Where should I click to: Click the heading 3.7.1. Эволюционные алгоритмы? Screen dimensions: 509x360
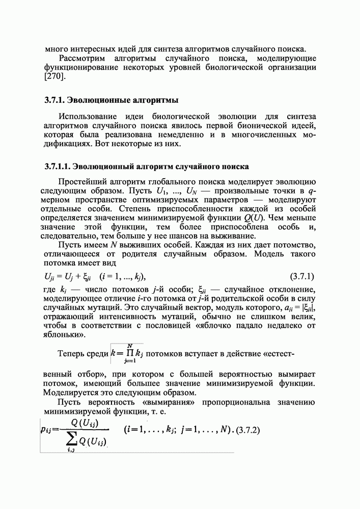(x=112, y=99)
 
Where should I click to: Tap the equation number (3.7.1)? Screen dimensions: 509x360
(x=301, y=277)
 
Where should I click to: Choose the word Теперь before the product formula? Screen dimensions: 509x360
(x=74, y=353)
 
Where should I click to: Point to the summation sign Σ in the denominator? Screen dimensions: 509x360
(x=74, y=439)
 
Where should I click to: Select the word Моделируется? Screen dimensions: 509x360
(x=71, y=393)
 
